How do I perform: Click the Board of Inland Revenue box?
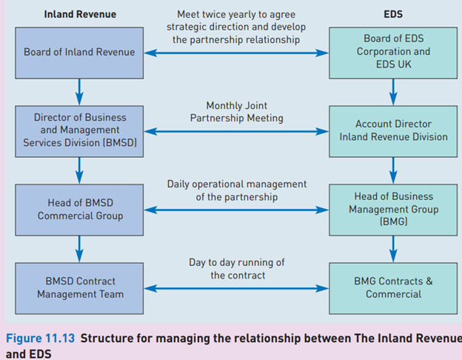point(79,52)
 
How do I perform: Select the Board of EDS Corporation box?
point(392,52)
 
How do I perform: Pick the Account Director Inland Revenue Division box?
point(392,130)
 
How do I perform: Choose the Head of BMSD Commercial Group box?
point(79,210)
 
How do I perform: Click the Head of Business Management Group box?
point(392,210)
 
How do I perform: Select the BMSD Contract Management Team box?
point(79,288)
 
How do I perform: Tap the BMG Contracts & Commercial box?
point(392,288)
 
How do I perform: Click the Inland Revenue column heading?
point(79,13)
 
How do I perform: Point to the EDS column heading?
point(392,13)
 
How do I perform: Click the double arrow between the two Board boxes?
point(236,53)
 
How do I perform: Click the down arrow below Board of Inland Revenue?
point(79,90)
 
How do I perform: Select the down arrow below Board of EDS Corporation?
point(392,90)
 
